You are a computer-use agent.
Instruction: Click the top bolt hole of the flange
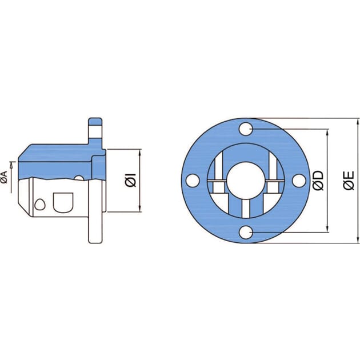246,130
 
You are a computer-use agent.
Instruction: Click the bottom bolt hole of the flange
246,232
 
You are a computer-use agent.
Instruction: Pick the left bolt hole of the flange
194,181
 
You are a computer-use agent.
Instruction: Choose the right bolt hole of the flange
298,181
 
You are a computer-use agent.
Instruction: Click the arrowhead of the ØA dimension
12,164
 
